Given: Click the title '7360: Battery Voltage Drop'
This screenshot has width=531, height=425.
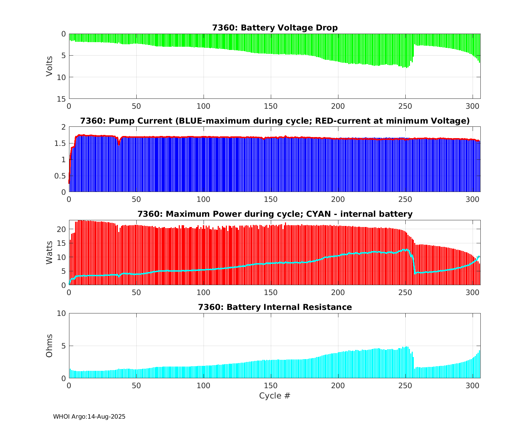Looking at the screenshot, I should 275,28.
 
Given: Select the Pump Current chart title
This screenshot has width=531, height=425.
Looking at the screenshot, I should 275,121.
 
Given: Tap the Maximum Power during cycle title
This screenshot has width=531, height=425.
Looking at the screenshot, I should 275,214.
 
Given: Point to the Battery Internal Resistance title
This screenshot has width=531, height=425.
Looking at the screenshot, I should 275,307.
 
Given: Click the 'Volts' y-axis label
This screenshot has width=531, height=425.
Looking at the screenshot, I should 50,66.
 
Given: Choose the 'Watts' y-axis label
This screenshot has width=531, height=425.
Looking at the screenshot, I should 50,253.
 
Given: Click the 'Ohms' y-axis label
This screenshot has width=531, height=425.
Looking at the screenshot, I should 50,346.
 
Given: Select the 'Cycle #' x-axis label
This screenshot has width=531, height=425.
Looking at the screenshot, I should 275,396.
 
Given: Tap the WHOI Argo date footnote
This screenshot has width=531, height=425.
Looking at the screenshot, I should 89,417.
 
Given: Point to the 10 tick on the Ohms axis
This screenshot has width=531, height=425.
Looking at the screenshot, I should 62,313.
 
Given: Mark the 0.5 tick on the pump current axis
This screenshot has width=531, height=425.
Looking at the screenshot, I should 61,176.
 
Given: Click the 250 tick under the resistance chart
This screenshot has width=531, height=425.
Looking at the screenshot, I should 405,385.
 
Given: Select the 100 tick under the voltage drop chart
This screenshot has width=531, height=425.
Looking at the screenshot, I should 204,106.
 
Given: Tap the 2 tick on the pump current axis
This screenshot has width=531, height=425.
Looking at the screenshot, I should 64,127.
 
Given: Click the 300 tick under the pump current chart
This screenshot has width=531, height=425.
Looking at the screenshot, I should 473,199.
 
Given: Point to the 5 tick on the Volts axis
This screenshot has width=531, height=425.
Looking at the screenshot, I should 64,56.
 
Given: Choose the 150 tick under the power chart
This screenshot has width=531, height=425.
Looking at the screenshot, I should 271,292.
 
